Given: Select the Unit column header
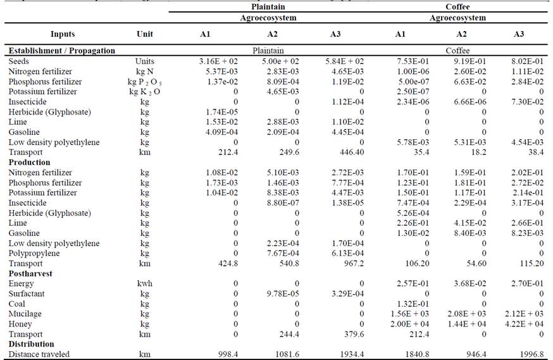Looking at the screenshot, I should click(x=144, y=34).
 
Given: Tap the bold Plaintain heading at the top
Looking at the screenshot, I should click(x=268, y=7).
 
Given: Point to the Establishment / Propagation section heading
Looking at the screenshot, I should click(x=61, y=51).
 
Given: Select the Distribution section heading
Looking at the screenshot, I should click(x=31, y=344).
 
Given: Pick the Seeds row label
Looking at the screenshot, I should click(x=19, y=61).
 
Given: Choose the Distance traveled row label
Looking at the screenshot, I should click(x=39, y=354).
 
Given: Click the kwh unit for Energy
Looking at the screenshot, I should click(x=144, y=283).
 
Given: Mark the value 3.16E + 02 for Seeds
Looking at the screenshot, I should click(x=217, y=61).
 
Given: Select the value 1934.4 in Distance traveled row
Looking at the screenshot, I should click(x=351, y=354).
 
